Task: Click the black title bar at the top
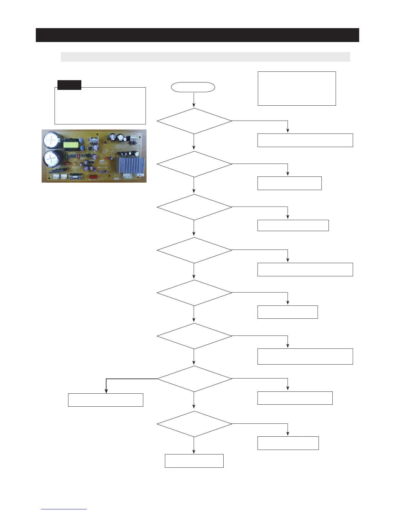(197, 35)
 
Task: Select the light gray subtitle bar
(205, 57)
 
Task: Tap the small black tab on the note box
(69, 85)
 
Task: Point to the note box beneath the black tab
(100, 106)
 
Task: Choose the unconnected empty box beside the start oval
(297, 89)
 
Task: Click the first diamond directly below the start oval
(194, 121)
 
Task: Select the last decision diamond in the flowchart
(194, 424)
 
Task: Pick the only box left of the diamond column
(106, 400)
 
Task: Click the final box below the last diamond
(194, 461)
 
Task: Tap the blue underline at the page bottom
(64, 509)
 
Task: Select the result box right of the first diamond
(305, 140)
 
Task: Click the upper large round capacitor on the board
(52, 140)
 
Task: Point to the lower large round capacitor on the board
(52, 160)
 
